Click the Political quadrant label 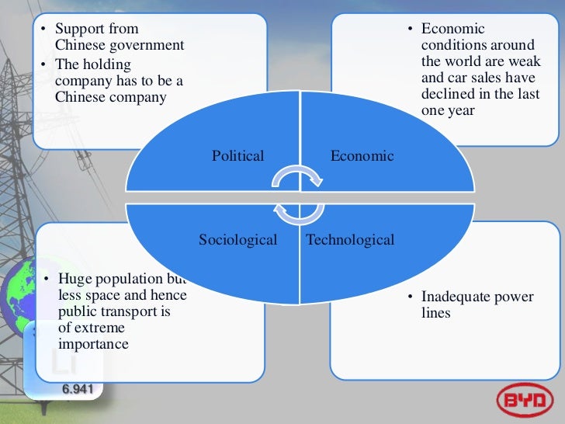237,156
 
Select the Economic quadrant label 362,156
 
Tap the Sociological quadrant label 237,240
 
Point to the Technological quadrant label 350,240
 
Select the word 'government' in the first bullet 148,45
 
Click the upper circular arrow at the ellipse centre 297,180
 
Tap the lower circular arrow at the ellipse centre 297,212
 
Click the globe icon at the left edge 14,295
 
